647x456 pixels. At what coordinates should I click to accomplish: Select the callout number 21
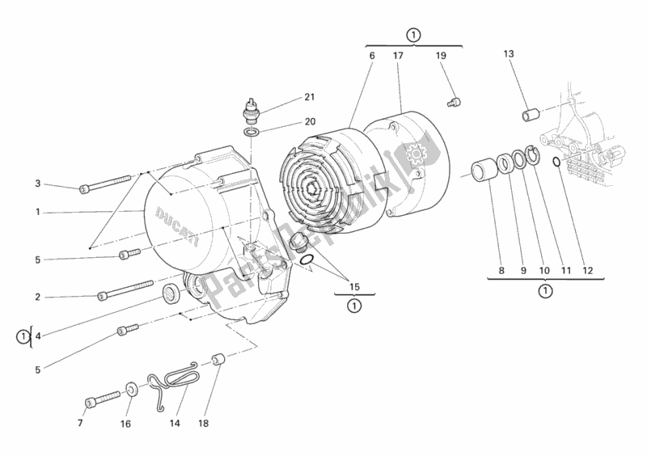tap(309, 98)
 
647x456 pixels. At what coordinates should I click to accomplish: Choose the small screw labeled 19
tap(454, 101)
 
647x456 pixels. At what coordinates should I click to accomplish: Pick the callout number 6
tap(372, 56)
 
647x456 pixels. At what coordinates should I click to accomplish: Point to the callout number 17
tap(398, 56)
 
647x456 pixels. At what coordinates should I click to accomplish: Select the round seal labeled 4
tap(172, 292)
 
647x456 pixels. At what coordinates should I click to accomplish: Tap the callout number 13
tap(508, 54)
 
